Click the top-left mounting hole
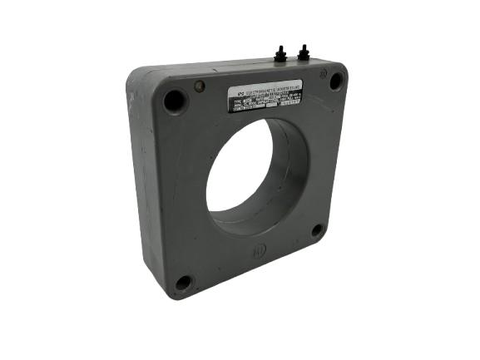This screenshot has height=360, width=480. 176,101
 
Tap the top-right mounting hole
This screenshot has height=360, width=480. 335,81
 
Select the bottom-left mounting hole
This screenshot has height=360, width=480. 183,283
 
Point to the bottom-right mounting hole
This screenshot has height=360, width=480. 317,230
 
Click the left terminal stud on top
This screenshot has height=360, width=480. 281,54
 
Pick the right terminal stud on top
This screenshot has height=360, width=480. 303,53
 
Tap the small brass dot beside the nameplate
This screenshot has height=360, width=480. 199,86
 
